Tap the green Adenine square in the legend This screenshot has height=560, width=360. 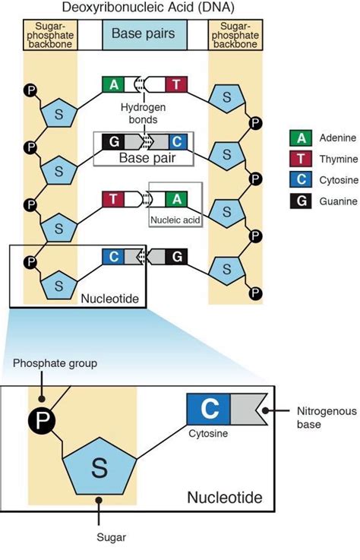(x=301, y=138)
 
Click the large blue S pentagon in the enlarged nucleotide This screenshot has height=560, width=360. (x=99, y=467)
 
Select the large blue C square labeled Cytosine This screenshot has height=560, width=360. (x=209, y=410)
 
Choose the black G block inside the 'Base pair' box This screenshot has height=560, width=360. (x=113, y=142)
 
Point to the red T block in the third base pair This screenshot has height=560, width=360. (x=113, y=199)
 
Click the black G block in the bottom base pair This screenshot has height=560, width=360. (x=176, y=256)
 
